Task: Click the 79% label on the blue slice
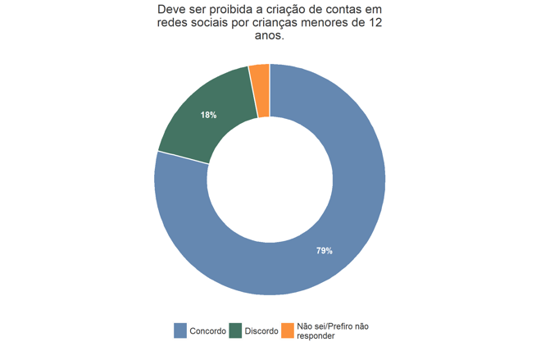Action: click(x=325, y=250)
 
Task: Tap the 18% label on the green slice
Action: click(x=208, y=115)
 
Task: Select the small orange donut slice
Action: click(x=260, y=89)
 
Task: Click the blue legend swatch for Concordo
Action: click(x=180, y=330)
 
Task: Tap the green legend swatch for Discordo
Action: click(x=235, y=330)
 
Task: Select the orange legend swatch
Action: click(x=287, y=330)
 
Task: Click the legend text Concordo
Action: click(x=208, y=331)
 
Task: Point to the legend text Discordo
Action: click(x=261, y=331)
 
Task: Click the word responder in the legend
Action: click(x=316, y=336)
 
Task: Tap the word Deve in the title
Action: click(x=173, y=9)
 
